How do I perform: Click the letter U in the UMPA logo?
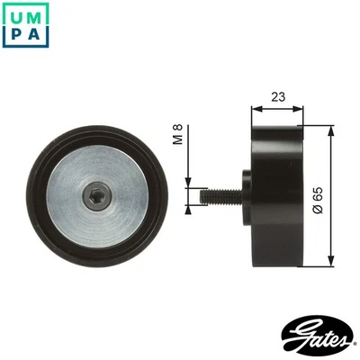click(13, 13)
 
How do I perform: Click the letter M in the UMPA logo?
click(33, 13)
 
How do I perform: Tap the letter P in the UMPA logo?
click(13, 34)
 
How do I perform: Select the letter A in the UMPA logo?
click(33, 34)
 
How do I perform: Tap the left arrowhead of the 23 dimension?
click(255, 107)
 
